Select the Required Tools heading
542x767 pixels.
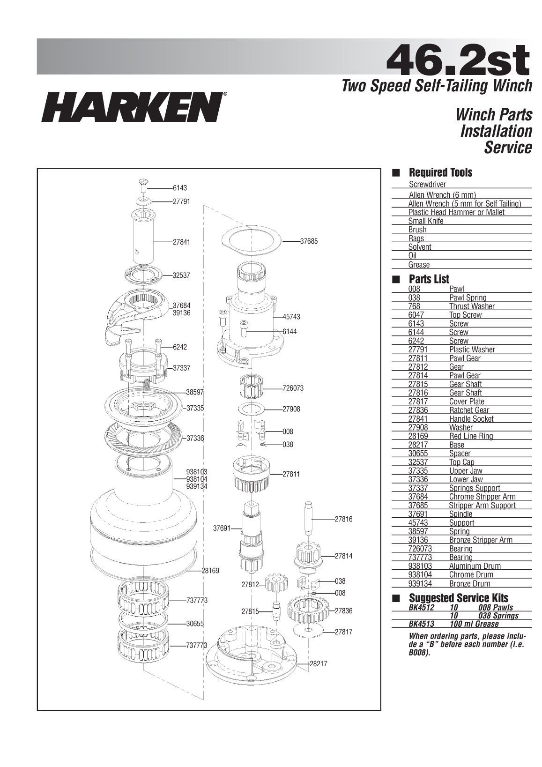[440, 172]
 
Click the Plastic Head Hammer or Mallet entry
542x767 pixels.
[456, 212]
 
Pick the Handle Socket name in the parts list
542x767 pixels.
[471, 419]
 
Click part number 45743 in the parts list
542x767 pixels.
[418, 523]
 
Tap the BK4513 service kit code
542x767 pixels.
[421, 624]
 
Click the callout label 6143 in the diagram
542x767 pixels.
[180, 188]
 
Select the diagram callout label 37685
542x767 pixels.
[309, 241]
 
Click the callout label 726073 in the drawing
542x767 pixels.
[293, 388]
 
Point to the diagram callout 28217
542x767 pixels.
[319, 663]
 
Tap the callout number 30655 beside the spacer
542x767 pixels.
[195, 624]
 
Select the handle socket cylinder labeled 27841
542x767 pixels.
[143, 238]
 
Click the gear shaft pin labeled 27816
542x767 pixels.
[309, 518]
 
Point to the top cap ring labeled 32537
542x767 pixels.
[143, 275]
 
